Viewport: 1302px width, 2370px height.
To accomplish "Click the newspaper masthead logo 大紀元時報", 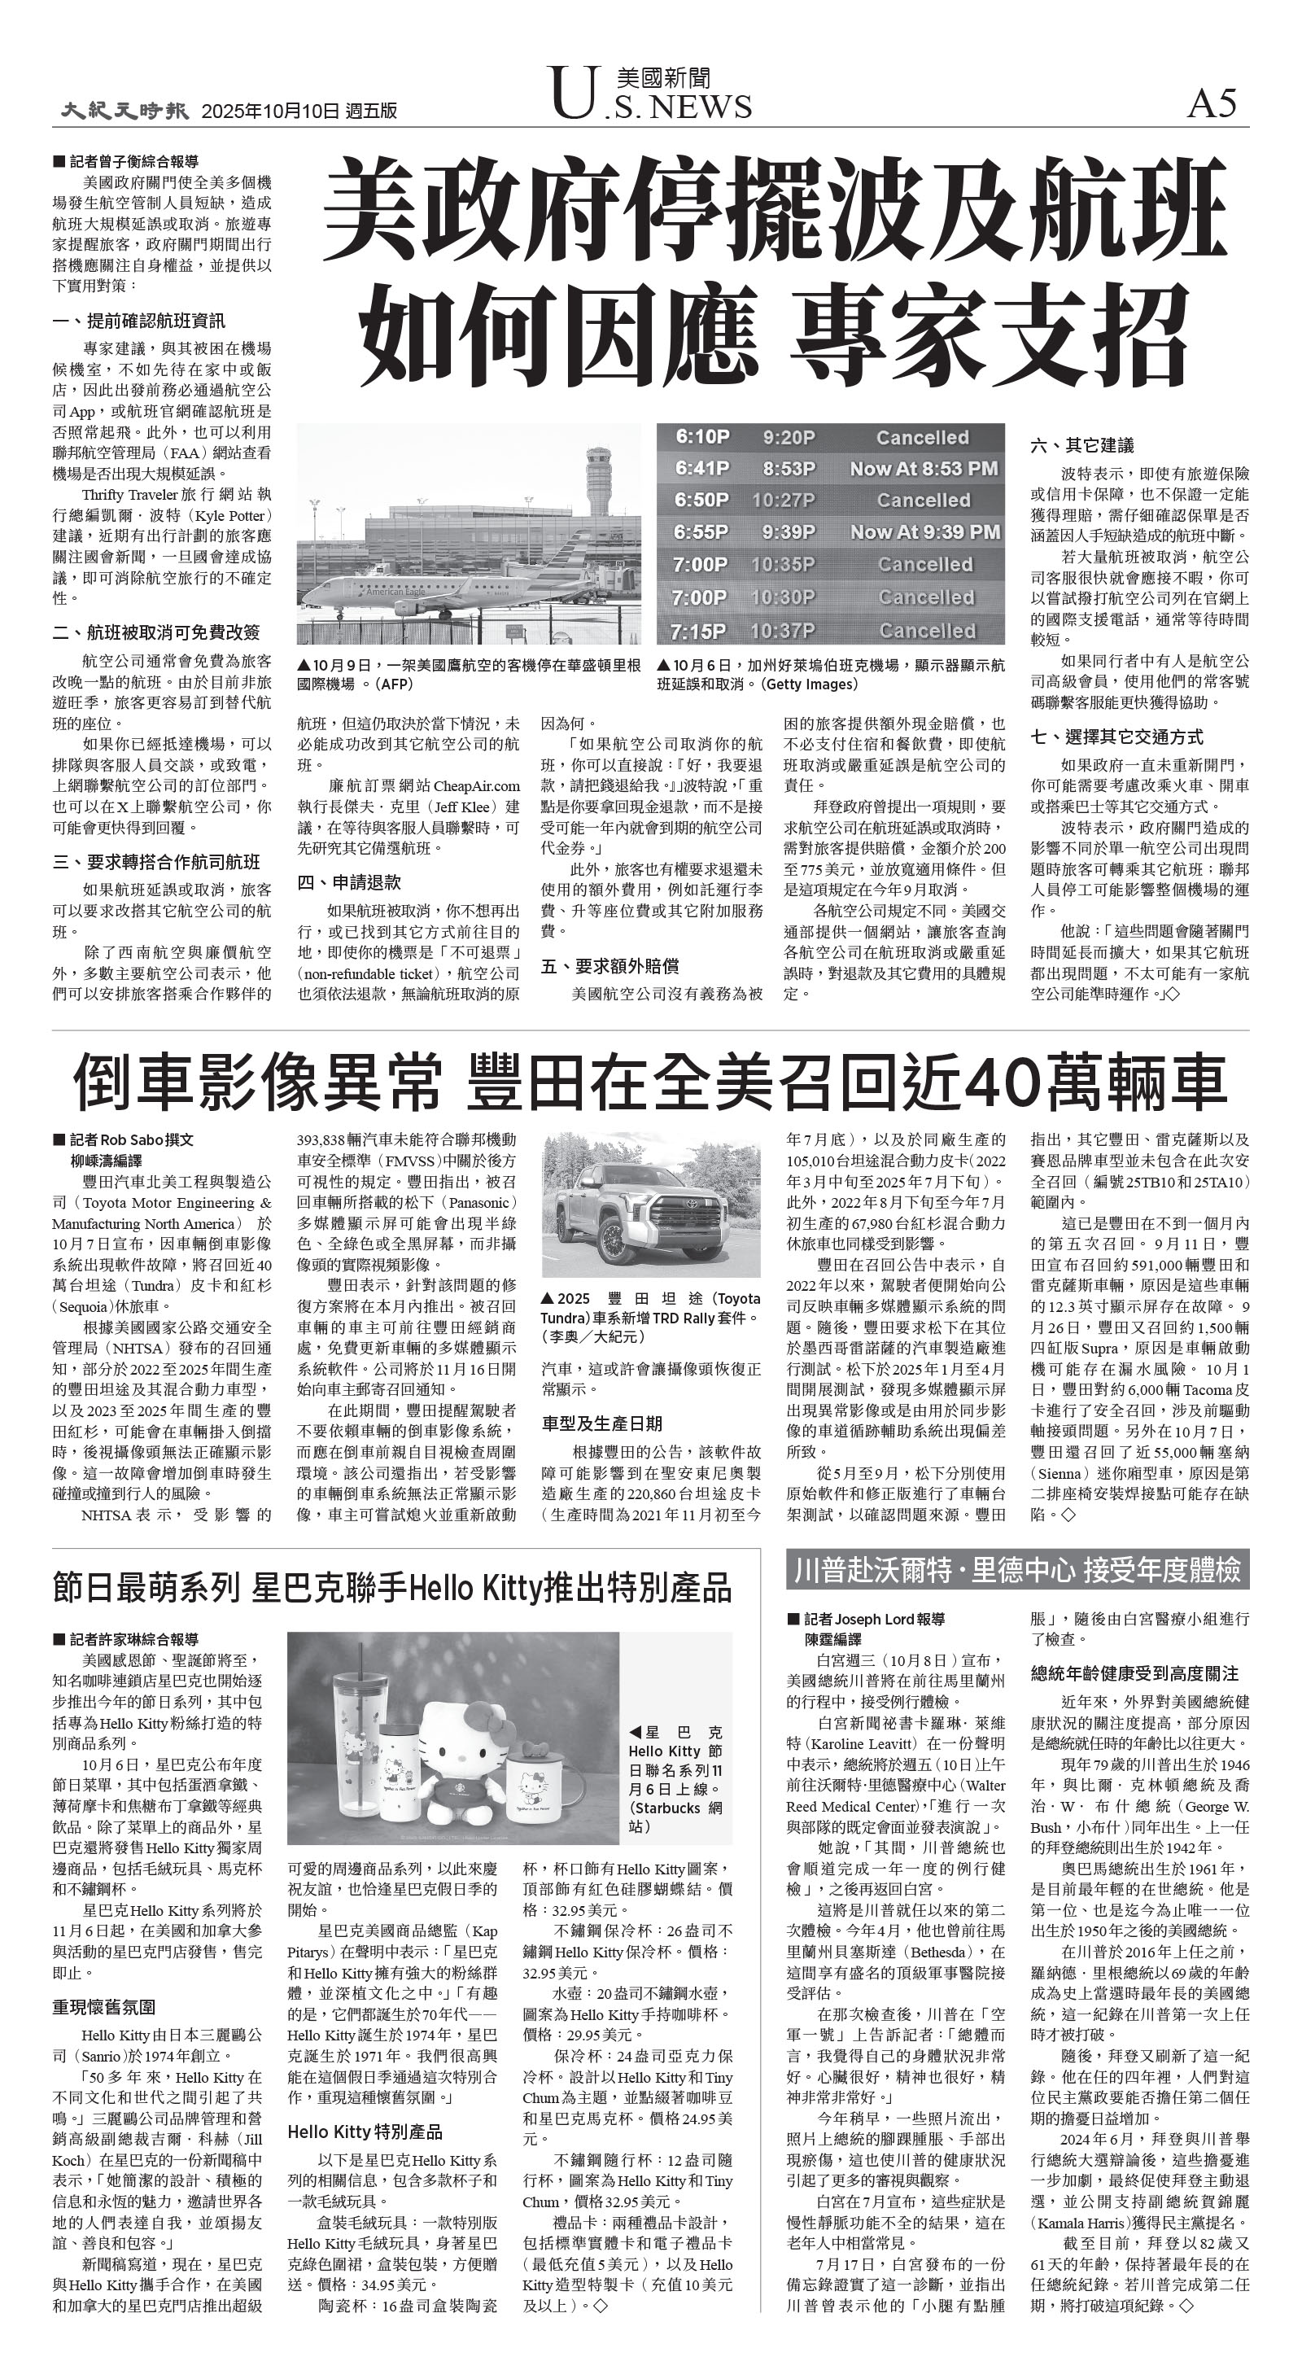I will [x=125, y=111].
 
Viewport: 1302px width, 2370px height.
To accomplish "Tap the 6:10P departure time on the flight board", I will [x=702, y=438].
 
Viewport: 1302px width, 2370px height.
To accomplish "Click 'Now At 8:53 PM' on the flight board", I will [x=924, y=470].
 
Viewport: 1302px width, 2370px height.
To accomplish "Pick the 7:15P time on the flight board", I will [x=698, y=631].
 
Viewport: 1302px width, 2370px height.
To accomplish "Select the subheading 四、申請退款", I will [x=349, y=882].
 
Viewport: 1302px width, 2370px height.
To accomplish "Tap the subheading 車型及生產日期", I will [x=602, y=1423].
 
